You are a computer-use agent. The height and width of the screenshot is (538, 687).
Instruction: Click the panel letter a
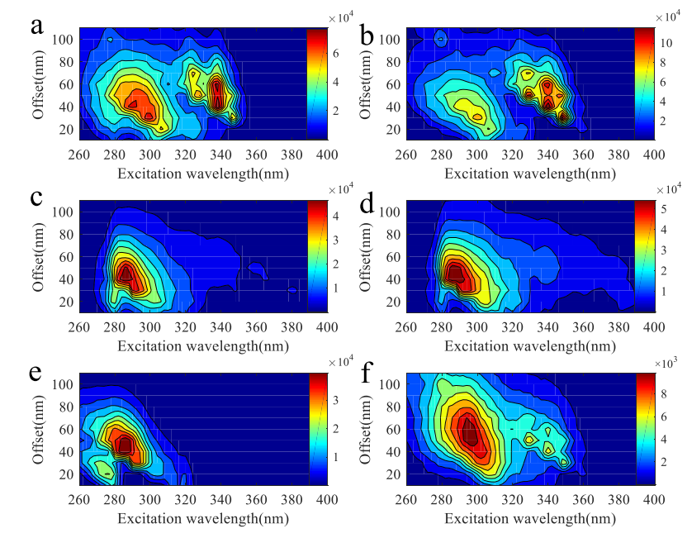[x=36, y=26]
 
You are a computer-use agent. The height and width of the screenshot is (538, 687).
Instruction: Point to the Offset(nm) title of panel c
[x=38, y=256]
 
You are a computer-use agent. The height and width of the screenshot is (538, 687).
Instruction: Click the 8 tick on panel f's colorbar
[x=669, y=396]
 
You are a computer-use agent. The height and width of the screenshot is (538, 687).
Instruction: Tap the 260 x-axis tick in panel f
[x=405, y=499]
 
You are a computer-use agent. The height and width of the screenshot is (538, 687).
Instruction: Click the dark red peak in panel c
[x=126, y=273]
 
